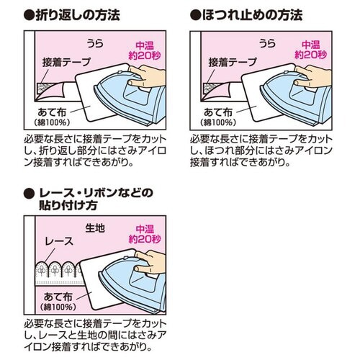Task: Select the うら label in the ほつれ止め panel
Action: pos(262,43)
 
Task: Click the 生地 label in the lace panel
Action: pos(95,228)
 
